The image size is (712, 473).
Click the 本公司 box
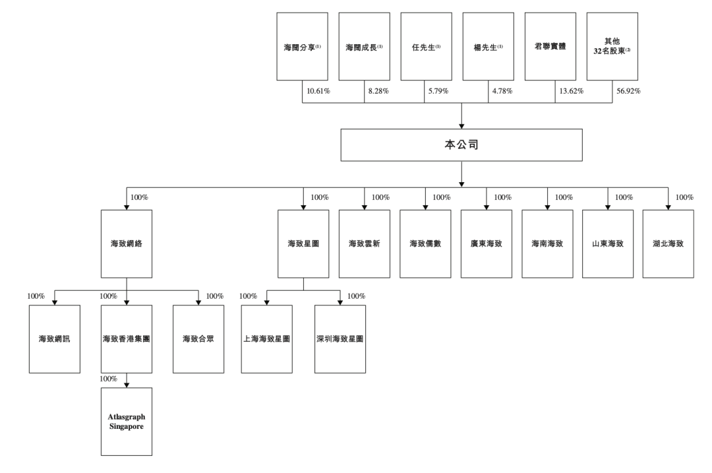point(461,145)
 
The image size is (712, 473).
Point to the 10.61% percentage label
point(318,91)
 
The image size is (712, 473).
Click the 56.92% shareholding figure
point(628,91)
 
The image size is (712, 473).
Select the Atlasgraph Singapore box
point(127,422)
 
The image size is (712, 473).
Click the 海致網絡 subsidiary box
point(127,243)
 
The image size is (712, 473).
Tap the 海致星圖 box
point(303,243)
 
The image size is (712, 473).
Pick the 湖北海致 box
point(668,243)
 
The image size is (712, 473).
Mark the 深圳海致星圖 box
point(340,338)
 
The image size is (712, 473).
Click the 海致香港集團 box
point(127,338)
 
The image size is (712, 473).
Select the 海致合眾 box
point(198,338)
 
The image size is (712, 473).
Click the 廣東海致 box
point(487,243)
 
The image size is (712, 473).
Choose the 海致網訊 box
point(55,338)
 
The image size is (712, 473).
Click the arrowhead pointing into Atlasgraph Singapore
point(127,385)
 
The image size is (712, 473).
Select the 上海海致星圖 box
point(267,338)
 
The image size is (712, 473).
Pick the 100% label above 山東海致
point(624,197)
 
